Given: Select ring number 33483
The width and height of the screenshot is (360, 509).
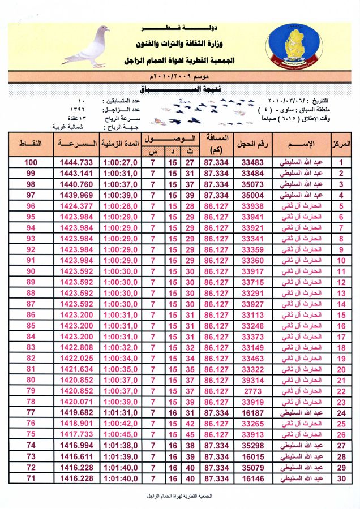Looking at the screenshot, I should (x=252, y=162).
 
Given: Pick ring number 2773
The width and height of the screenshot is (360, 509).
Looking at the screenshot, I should (x=252, y=391).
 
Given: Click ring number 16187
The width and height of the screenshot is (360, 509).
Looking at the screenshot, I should (x=252, y=413).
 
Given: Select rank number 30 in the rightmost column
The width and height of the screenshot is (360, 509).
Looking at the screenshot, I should (x=341, y=478).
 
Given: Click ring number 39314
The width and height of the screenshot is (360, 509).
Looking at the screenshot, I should (x=252, y=380).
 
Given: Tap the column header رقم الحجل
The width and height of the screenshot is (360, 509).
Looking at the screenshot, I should (x=252, y=144).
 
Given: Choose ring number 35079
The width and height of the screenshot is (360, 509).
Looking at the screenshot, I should (x=252, y=467).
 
